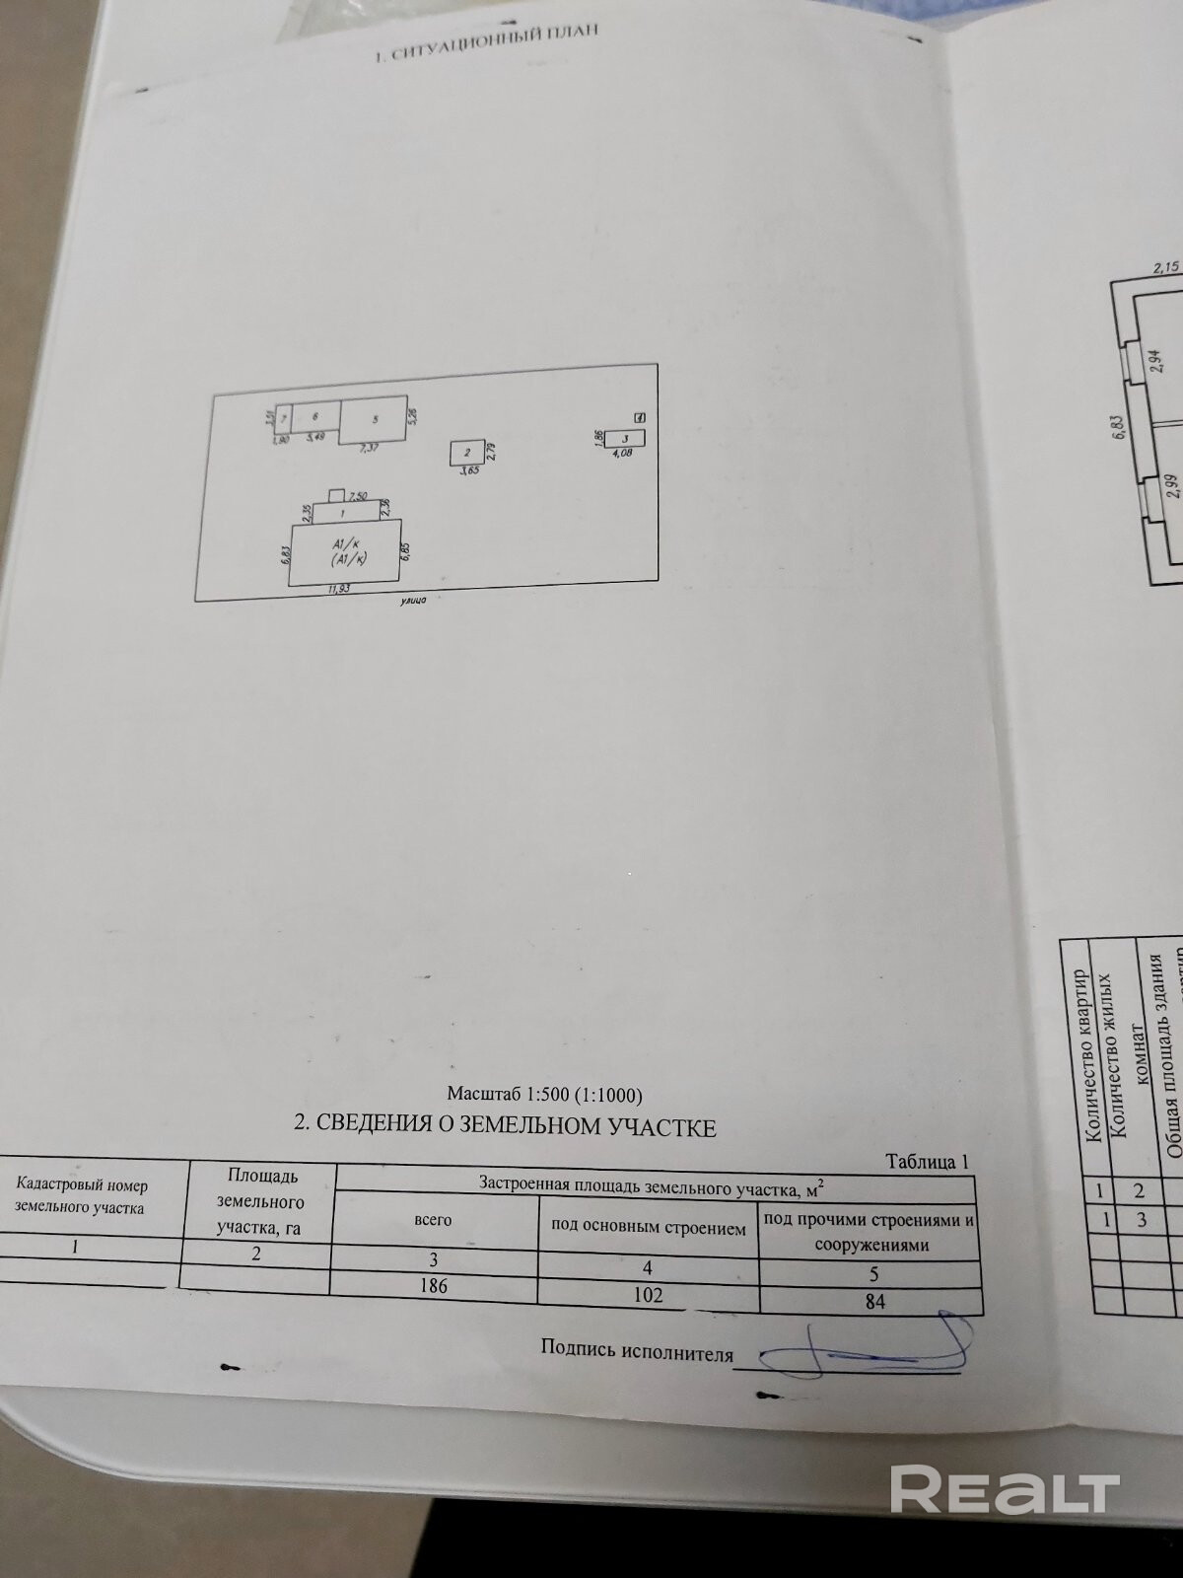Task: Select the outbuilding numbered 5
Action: [373, 419]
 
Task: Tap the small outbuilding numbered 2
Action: [467, 454]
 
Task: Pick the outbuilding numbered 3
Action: [624, 439]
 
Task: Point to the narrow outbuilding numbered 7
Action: [283, 418]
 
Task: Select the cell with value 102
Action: [648, 1293]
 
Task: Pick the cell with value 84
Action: [873, 1302]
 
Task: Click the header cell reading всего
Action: [434, 1220]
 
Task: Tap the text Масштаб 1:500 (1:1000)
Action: [544, 1094]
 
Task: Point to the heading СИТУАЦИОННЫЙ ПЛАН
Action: [487, 42]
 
